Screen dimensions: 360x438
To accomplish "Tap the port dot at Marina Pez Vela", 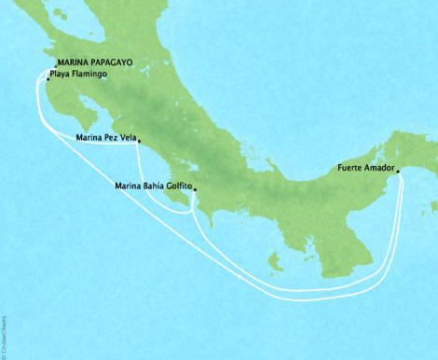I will (x=139, y=143).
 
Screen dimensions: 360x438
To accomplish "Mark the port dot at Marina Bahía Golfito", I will (x=193, y=189).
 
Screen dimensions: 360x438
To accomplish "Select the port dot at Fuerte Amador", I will (x=398, y=171).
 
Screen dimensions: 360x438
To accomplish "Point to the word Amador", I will (x=376, y=170).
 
